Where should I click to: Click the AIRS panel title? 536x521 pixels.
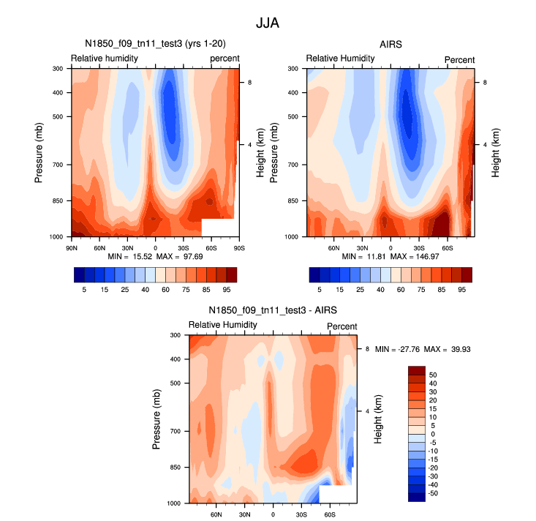pos(390,45)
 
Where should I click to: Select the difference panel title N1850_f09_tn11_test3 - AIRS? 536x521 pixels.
pos(273,310)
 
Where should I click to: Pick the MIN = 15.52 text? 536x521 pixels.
pos(129,258)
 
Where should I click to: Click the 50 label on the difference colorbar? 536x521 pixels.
pos(434,374)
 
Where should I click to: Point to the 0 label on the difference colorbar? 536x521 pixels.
pos(434,434)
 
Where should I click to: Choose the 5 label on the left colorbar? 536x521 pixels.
pos(85,290)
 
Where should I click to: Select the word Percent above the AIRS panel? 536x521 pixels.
pos(460,60)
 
